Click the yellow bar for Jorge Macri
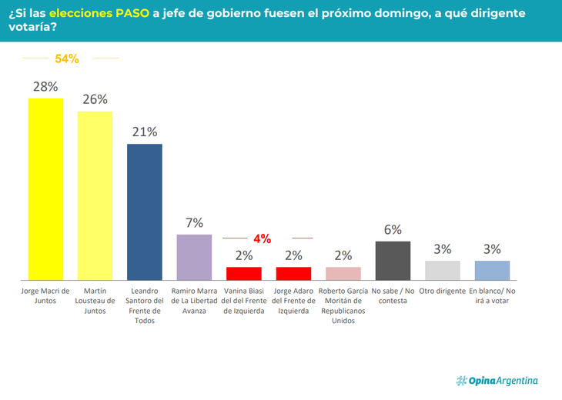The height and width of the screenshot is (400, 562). [45, 188]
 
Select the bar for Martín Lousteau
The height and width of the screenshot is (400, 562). [95, 195]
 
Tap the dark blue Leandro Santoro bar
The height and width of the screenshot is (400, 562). [144, 212]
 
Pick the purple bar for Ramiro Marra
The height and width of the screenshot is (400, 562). [194, 256]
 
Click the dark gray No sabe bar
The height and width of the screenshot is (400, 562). [393, 260]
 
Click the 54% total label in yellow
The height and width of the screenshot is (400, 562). [67, 58]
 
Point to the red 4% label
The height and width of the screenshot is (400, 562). [263, 239]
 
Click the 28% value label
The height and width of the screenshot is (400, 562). [45, 87]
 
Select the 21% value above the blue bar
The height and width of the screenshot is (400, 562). [144, 132]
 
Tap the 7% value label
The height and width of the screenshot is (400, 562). [194, 223]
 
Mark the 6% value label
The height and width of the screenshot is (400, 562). [393, 230]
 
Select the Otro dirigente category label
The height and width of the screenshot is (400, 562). [442, 291]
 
